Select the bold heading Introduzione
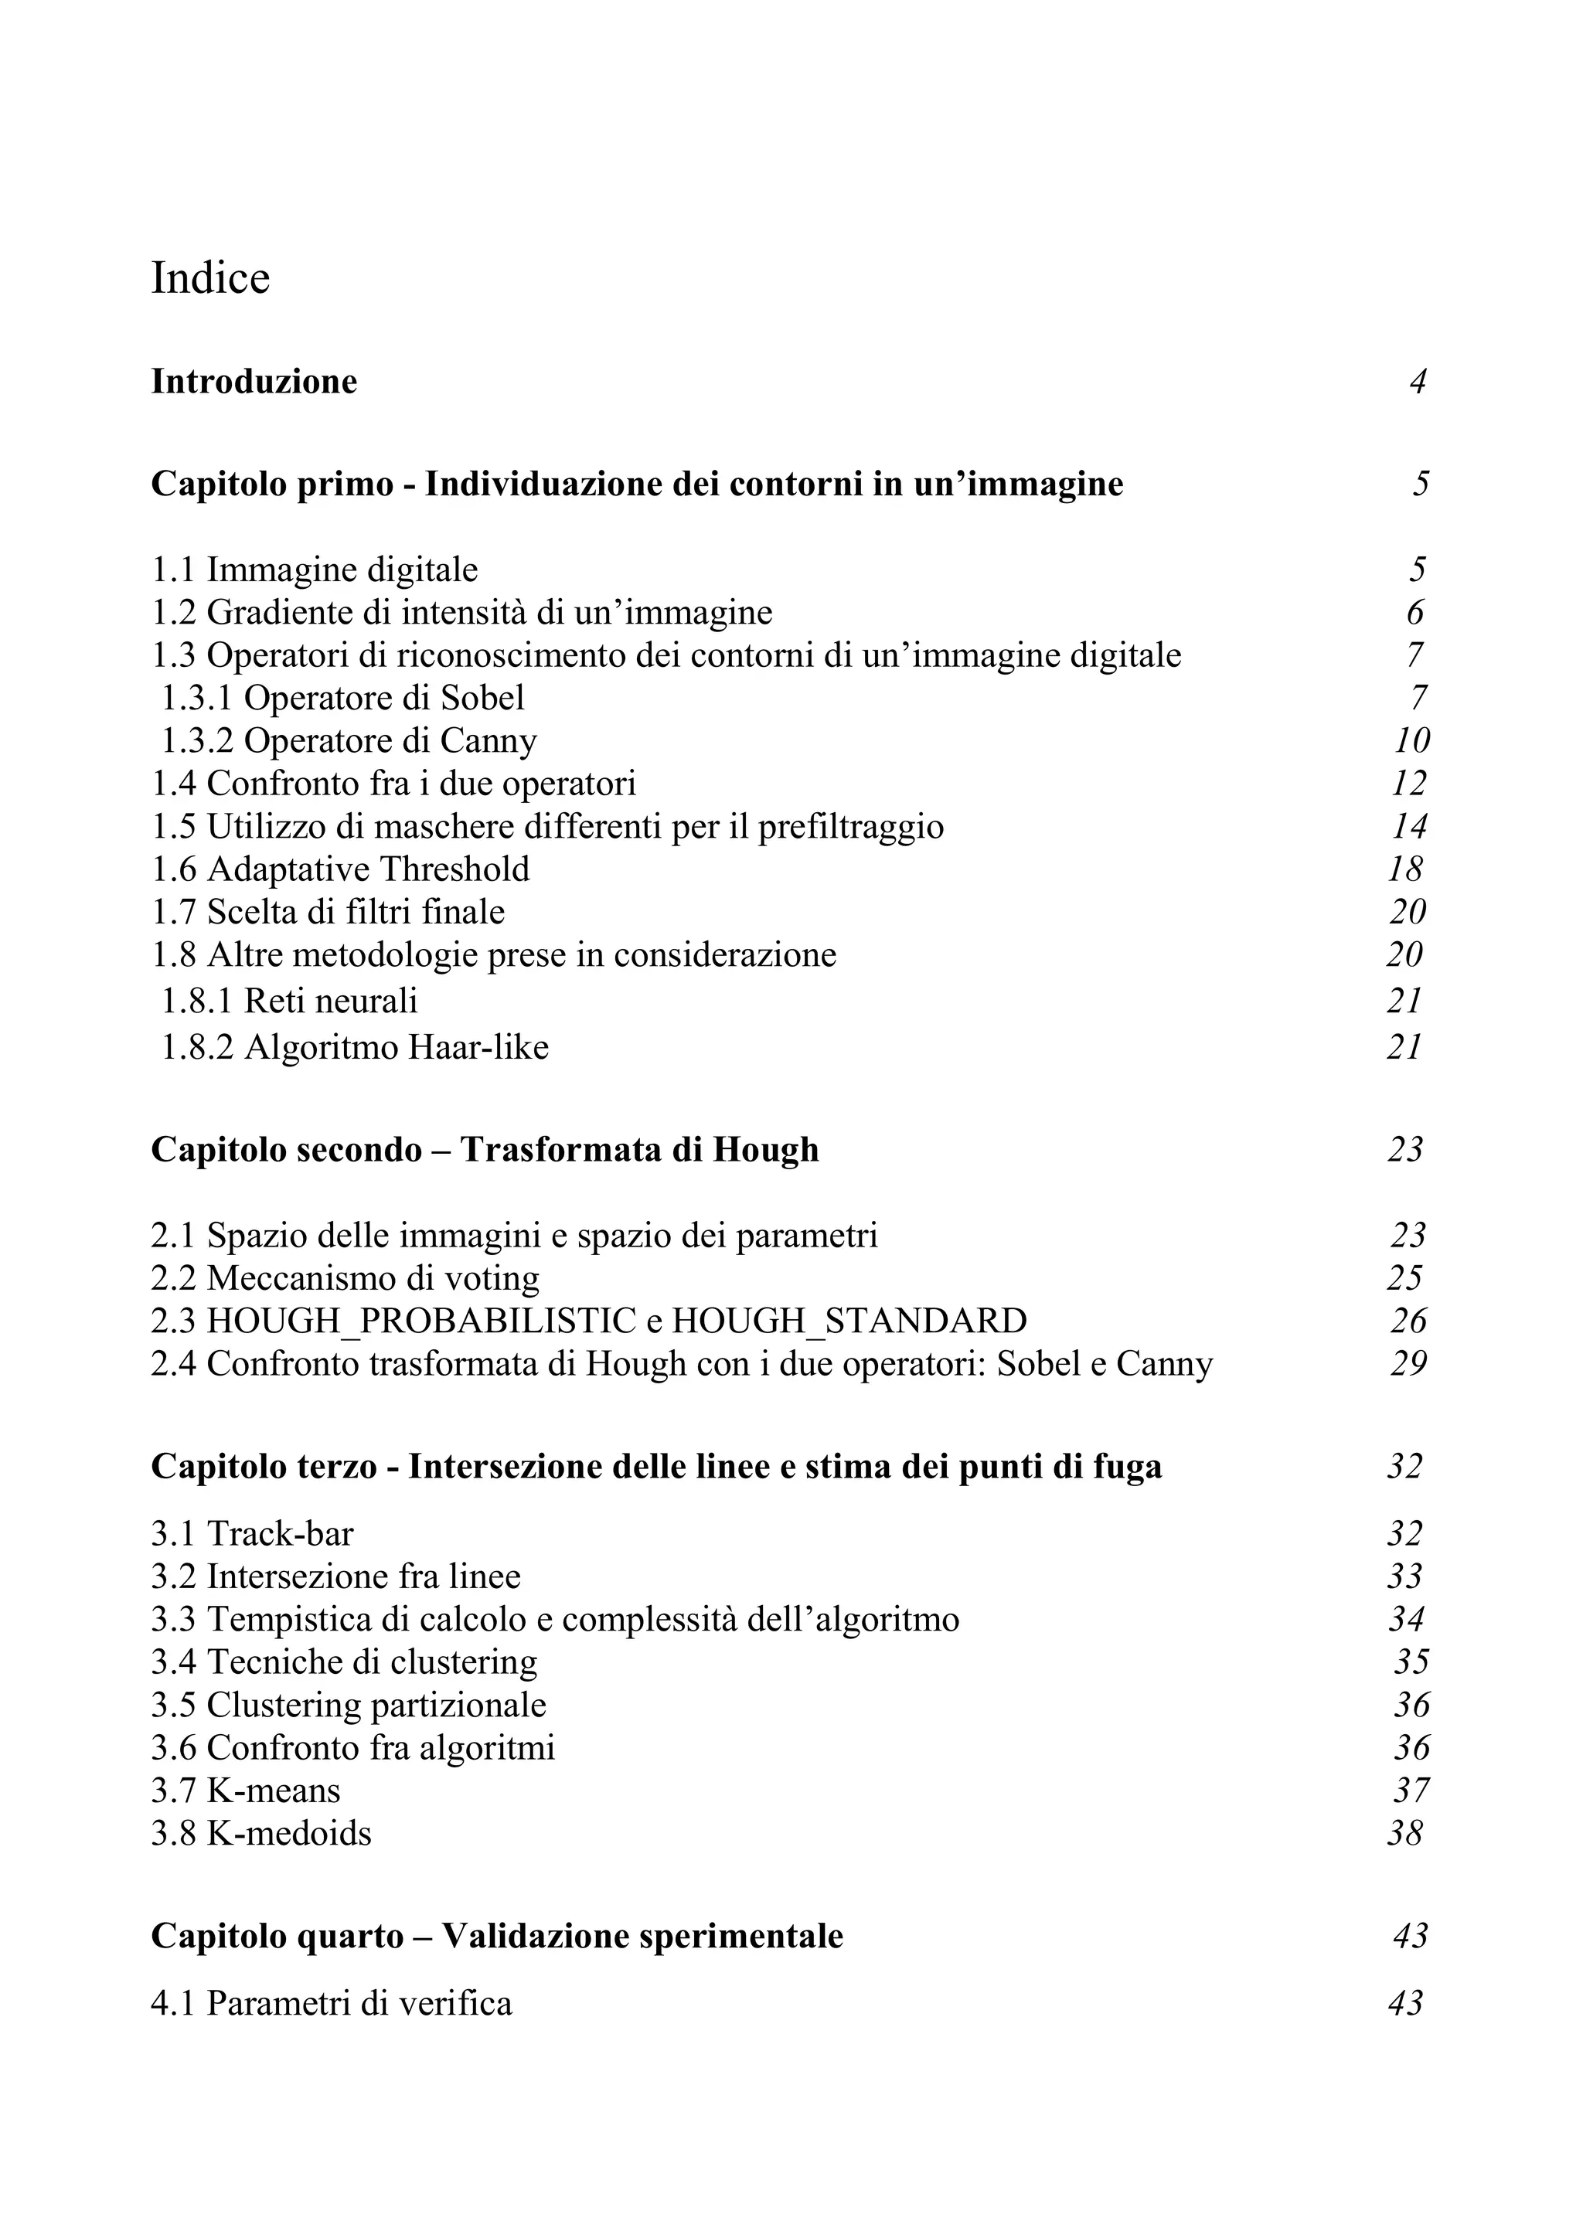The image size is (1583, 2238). point(254,381)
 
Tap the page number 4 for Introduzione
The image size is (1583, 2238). point(1418,381)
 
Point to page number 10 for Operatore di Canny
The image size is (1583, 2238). point(1411,741)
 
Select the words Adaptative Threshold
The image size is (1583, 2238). point(369,869)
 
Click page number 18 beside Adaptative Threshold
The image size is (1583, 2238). point(1405,869)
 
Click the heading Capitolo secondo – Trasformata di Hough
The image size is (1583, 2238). point(485,1150)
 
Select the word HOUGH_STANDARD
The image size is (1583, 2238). point(849,1321)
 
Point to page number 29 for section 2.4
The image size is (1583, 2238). point(1408,1364)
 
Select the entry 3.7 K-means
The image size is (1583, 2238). point(246,1791)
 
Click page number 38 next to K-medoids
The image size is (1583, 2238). point(1405,1834)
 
